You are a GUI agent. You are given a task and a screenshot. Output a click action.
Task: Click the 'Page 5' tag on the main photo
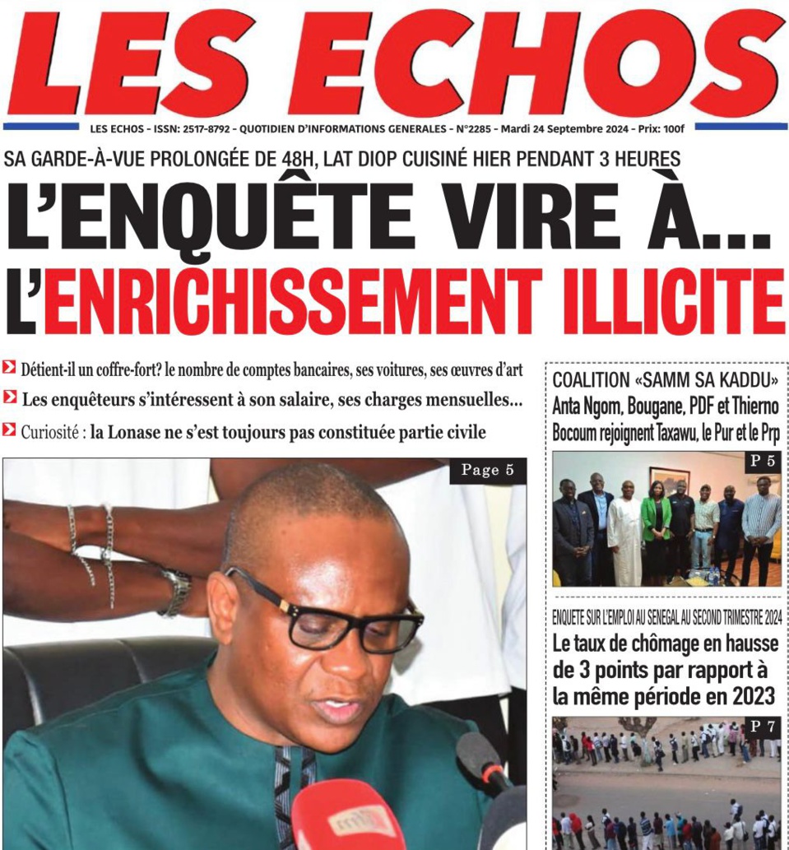click(x=488, y=471)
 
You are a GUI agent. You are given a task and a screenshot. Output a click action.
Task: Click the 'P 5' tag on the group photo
click(x=762, y=462)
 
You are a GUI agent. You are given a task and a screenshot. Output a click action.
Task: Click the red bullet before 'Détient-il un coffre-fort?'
click(x=9, y=369)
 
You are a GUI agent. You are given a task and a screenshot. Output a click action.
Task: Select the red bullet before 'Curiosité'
click(x=9, y=430)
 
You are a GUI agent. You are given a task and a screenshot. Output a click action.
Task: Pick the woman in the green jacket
click(x=656, y=530)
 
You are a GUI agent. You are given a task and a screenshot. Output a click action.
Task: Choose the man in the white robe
click(x=625, y=535)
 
